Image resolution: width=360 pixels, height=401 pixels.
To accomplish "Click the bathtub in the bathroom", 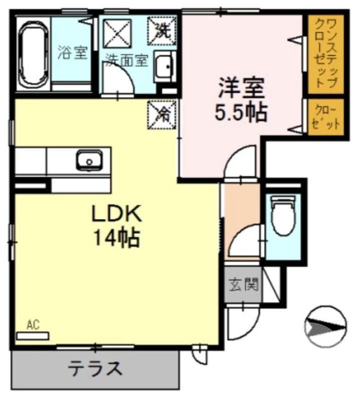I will tap(34, 54).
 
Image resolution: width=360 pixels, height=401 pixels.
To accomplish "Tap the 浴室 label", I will tap(73, 53).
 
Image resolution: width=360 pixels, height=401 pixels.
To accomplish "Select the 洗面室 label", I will tap(126, 61).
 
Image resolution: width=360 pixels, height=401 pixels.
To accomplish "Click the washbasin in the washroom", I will tap(164, 66).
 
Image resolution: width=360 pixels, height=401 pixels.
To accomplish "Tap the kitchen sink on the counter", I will tap(90, 160).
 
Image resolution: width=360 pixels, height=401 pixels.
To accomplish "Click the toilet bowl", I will tap(282, 215).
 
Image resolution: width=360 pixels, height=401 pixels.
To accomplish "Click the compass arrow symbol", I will tap(325, 327).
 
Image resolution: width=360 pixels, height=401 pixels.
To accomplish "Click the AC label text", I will tap(33, 325).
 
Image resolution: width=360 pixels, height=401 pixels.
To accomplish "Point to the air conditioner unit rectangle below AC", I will tap(33, 335).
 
